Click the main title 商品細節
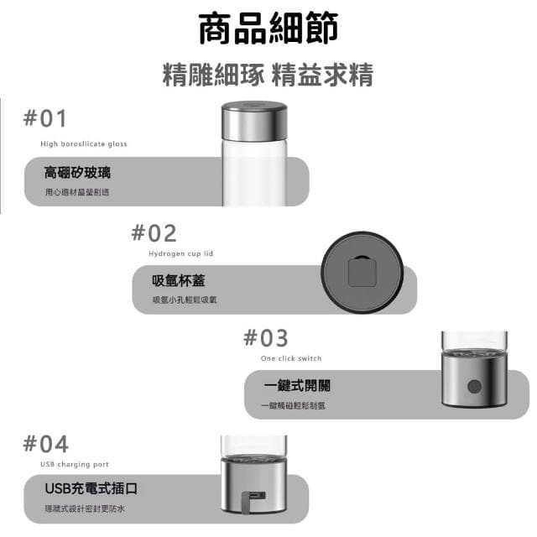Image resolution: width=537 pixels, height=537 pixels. point(268,29)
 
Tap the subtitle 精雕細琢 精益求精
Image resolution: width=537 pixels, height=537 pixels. point(268,75)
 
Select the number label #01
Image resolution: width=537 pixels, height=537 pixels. point(44,118)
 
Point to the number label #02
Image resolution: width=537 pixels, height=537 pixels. point(154,233)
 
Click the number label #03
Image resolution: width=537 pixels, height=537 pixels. point(265,338)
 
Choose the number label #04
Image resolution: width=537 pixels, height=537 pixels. point(46,444)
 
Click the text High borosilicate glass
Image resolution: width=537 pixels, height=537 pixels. point(84,144)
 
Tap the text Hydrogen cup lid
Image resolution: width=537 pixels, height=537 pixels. point(181,253)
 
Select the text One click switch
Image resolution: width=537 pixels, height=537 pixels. point(291,358)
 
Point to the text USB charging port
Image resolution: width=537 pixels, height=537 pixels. point(75,464)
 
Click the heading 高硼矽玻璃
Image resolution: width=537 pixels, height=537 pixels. point(77,173)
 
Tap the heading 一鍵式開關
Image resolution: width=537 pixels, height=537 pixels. point(296,386)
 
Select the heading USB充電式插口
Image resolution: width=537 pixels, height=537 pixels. point(91,488)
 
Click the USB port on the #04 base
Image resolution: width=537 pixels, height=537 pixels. point(257,496)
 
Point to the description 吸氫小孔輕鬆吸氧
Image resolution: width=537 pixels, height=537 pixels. point(185,300)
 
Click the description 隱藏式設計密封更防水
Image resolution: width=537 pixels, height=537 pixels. point(85,509)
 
